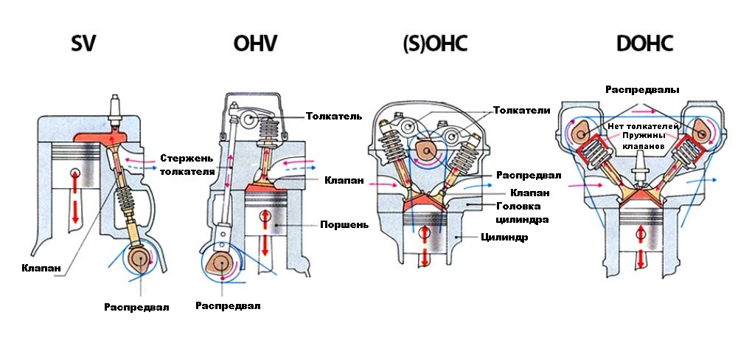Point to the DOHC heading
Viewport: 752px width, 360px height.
click(x=644, y=44)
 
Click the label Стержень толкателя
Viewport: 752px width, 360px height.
click(x=187, y=164)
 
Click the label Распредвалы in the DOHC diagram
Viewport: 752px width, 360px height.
click(x=642, y=89)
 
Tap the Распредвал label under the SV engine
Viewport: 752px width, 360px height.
click(x=136, y=307)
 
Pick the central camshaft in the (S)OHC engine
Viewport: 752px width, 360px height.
click(x=426, y=150)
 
